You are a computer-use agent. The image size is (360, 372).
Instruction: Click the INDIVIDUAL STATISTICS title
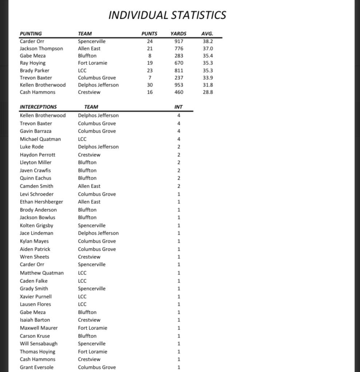point(167,15)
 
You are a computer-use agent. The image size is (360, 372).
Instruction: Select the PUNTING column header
point(31,34)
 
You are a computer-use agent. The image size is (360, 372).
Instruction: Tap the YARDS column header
point(178,34)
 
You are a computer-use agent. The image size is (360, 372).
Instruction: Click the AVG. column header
point(207,34)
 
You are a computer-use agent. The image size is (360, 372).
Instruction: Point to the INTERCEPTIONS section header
point(38,107)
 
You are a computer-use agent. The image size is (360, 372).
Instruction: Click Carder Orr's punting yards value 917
point(179,41)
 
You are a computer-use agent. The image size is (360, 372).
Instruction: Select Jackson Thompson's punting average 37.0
point(207,48)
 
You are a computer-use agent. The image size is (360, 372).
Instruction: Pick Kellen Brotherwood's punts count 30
point(150,85)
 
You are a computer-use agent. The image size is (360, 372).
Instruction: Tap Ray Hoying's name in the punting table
point(32,63)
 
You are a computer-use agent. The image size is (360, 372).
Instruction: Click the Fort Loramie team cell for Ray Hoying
point(92,63)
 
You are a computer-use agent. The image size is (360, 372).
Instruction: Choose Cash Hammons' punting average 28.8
point(207,92)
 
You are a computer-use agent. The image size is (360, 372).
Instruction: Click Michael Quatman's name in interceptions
point(40,139)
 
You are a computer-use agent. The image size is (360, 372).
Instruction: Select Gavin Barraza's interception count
point(179,131)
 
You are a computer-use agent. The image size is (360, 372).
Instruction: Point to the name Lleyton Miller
point(36,162)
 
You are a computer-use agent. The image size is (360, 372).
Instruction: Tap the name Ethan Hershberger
point(41,201)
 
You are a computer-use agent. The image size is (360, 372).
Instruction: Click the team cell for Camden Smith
point(89,186)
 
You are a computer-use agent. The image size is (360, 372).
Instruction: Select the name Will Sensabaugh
point(39,343)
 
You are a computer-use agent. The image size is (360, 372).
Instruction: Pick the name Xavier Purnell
point(36,296)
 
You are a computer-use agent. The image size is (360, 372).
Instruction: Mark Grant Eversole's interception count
point(179,367)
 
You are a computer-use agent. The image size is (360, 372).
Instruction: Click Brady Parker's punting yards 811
point(179,70)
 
